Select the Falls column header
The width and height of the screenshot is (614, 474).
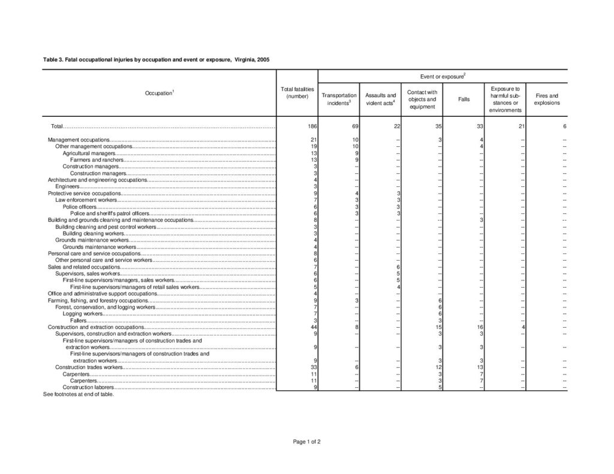click(463, 99)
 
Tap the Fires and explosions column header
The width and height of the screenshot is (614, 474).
click(547, 99)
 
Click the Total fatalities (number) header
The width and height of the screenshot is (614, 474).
click(297, 92)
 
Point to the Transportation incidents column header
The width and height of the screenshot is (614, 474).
click(339, 99)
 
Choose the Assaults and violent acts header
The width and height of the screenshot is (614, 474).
click(381, 99)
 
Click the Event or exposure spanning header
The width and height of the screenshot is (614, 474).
click(443, 77)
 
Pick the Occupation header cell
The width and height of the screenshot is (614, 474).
click(159, 93)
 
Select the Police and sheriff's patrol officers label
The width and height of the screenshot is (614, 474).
click(110, 213)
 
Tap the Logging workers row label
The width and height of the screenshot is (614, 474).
click(83, 313)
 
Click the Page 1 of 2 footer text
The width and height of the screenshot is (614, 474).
click(307, 442)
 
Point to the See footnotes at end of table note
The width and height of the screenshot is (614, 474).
click(79, 394)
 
